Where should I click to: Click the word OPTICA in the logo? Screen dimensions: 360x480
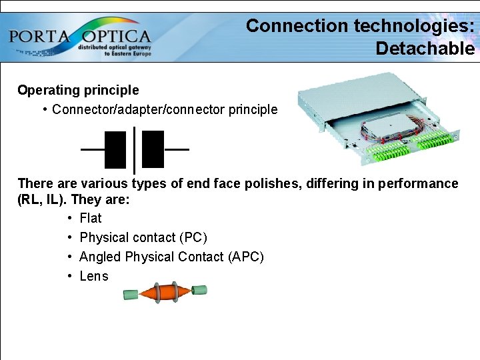pyautogui.click(x=117, y=36)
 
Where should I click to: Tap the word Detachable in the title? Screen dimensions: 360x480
pyautogui.click(x=425, y=49)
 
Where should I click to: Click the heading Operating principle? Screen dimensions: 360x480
pyautogui.click(x=78, y=90)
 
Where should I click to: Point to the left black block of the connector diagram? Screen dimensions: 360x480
pyautogui.click(x=115, y=149)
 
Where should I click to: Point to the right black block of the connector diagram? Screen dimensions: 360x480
pyautogui.click(x=153, y=149)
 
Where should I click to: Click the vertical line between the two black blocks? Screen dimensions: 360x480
pyautogui.click(x=135, y=149)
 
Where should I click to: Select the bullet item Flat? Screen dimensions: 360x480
pyautogui.click(x=90, y=218)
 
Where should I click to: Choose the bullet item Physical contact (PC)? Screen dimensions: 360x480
pyautogui.click(x=143, y=237)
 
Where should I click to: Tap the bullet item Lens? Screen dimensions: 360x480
pyautogui.click(x=93, y=276)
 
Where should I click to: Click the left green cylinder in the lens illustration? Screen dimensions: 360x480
pyautogui.click(x=131, y=294)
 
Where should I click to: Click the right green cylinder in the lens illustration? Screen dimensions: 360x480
pyautogui.click(x=199, y=291)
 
